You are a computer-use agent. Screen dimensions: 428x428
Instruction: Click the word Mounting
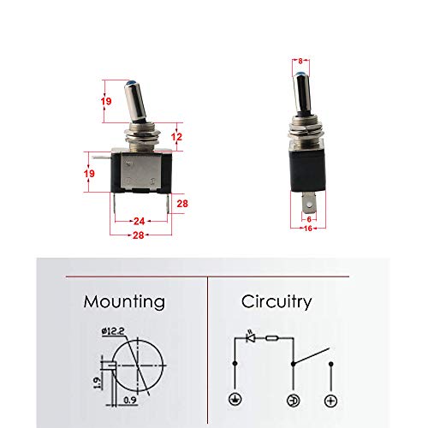coord(124,301)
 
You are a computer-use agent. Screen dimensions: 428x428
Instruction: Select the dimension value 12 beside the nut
coord(176,136)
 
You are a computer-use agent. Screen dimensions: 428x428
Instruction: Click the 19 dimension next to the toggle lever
coord(107,100)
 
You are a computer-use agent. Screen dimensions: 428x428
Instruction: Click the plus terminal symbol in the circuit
coord(330,400)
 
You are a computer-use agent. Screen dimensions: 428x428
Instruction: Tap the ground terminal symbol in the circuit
coord(234,400)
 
